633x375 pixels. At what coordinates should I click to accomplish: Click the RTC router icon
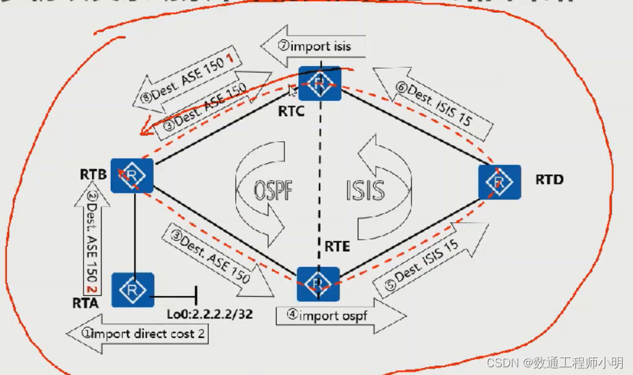pyautogui.click(x=319, y=82)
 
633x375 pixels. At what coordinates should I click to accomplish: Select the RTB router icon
pyautogui.click(x=132, y=175)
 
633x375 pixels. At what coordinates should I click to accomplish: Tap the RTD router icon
pyautogui.click(x=500, y=182)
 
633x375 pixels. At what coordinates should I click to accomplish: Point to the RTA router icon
pyautogui.click(x=132, y=290)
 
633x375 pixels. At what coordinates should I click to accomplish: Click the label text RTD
pyautogui.click(x=549, y=179)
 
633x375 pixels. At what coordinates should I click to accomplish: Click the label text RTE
pyautogui.click(x=337, y=246)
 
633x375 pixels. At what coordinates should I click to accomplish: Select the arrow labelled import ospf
pyautogui.click(x=340, y=315)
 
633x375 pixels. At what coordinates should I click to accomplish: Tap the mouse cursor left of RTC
pyautogui.click(x=293, y=90)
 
